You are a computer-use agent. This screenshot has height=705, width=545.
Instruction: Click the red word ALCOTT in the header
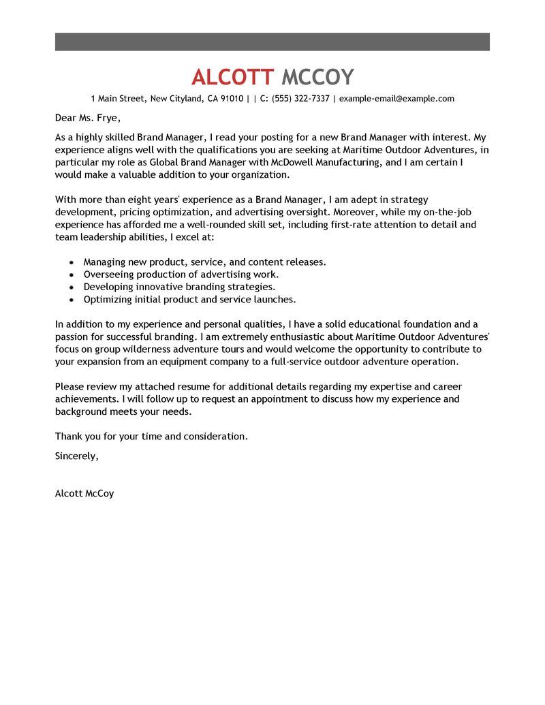pyautogui.click(x=232, y=76)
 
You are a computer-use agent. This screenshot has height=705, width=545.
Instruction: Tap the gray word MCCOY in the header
pyautogui.click(x=317, y=76)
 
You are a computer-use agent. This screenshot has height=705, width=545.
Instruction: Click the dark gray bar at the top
pyautogui.click(x=272, y=41)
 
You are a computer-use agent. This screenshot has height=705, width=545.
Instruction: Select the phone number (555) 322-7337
pyautogui.click(x=300, y=99)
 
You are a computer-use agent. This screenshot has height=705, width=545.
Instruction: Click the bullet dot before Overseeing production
pyautogui.click(x=72, y=275)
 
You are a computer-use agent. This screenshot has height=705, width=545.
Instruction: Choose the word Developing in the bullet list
pyautogui.click(x=108, y=287)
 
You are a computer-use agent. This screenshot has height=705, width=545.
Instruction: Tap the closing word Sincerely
pyautogui.click(x=76, y=456)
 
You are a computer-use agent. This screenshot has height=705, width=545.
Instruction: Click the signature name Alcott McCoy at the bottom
pyautogui.click(x=84, y=493)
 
